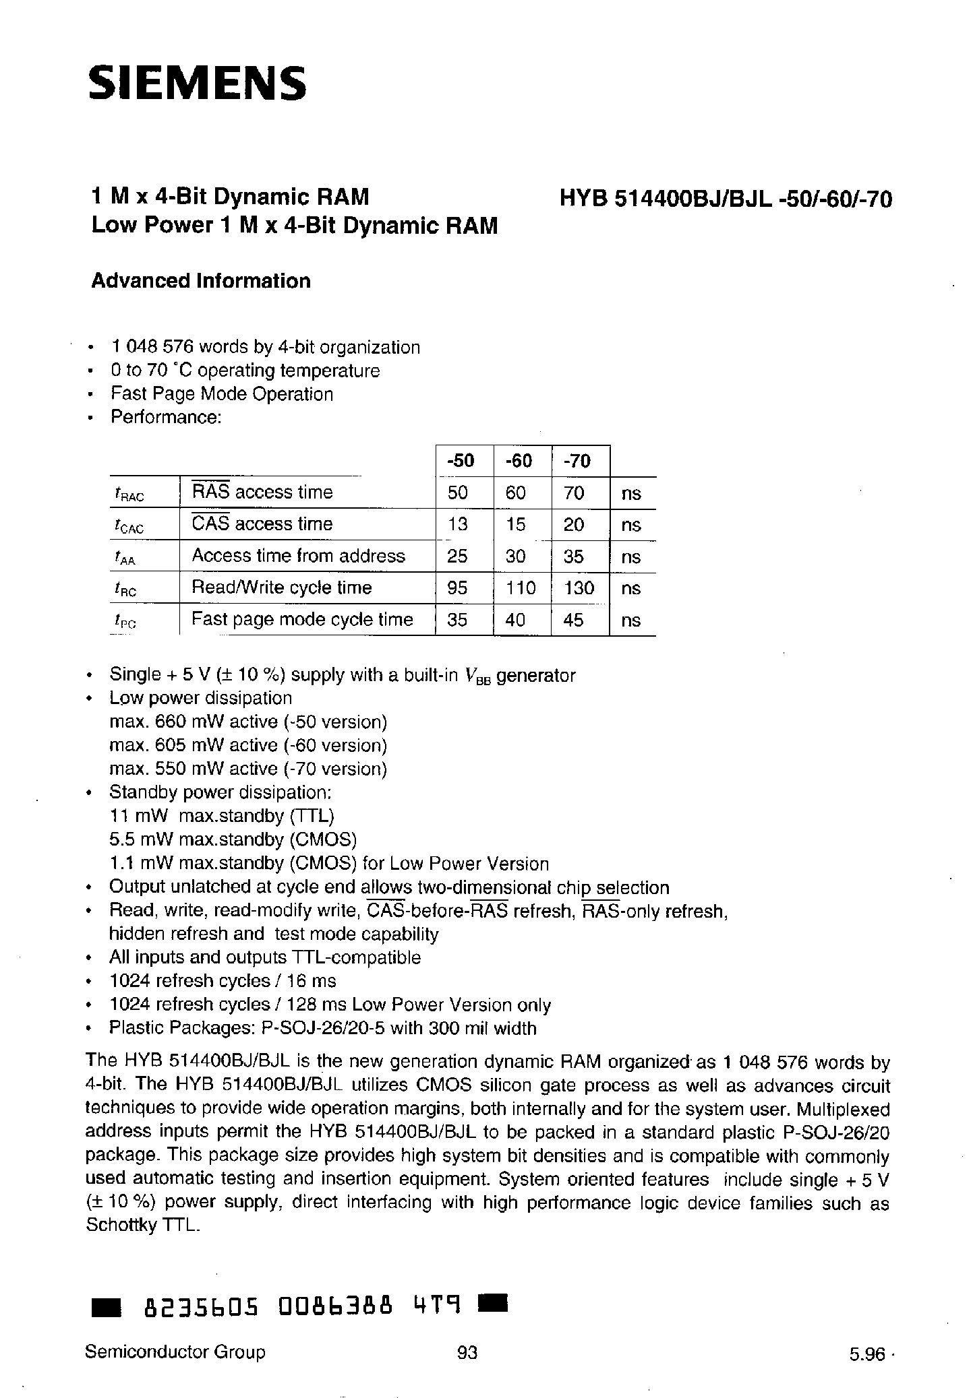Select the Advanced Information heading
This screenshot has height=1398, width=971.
(201, 281)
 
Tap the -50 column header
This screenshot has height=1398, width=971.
(461, 461)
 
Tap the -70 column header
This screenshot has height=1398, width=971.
(577, 461)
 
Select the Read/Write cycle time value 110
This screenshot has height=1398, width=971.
(520, 588)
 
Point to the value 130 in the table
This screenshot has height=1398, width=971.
(579, 588)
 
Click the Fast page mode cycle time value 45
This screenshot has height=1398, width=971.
(573, 620)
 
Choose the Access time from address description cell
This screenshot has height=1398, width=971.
(299, 556)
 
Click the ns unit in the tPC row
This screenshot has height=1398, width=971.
(630, 620)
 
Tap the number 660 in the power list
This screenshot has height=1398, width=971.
(170, 722)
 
